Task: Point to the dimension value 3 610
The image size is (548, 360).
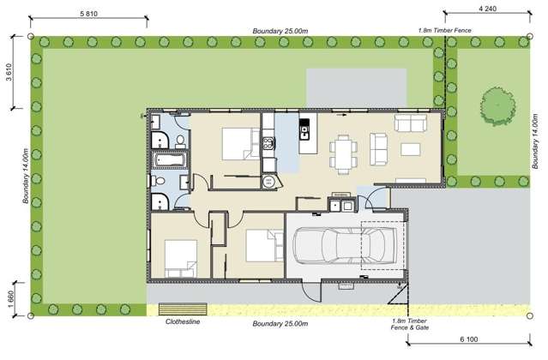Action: pos(9,75)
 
